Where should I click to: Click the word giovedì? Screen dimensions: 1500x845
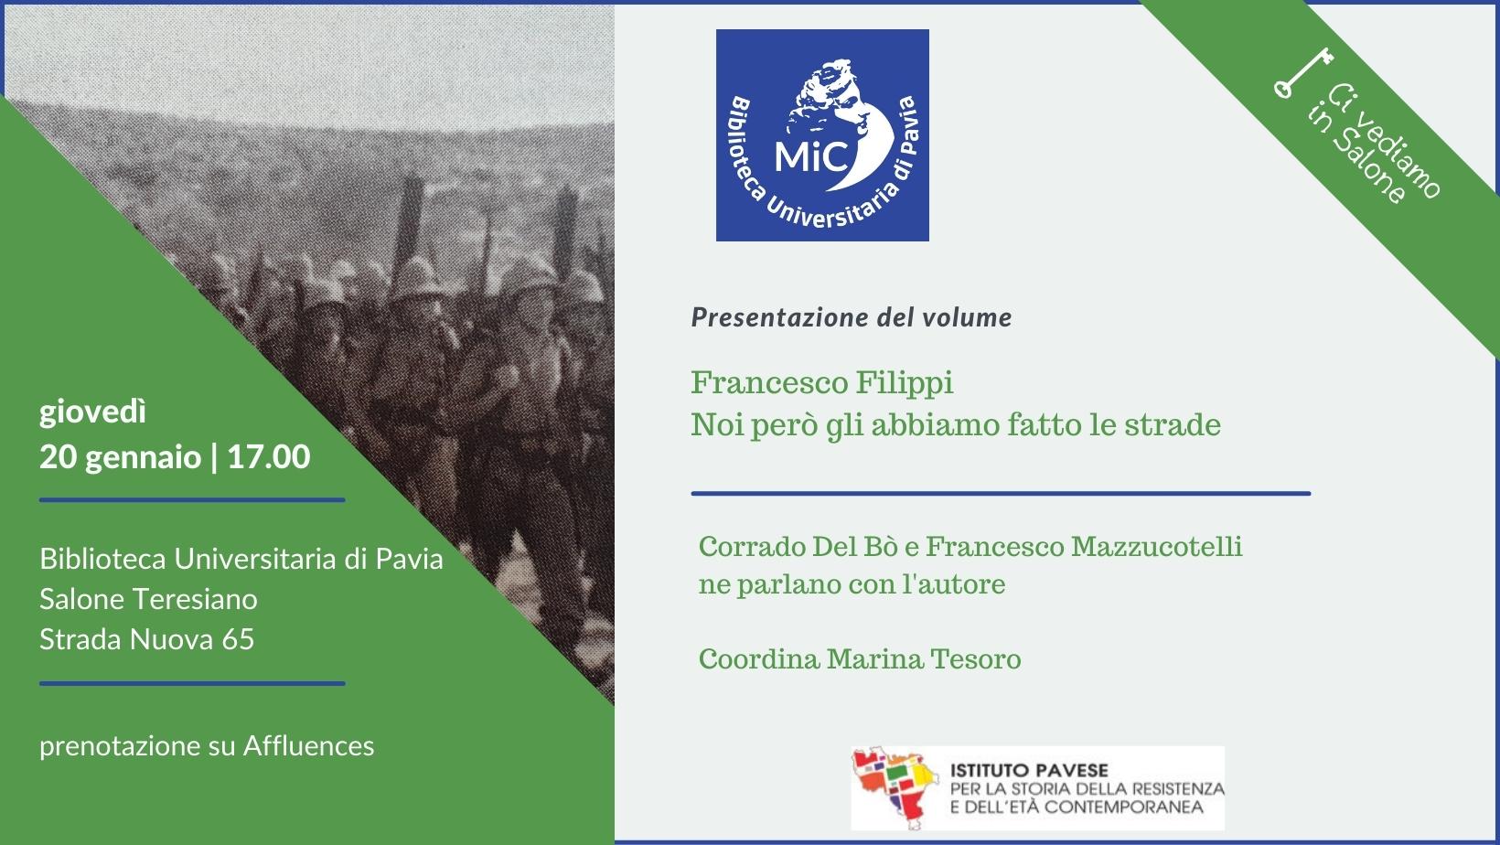[92, 412]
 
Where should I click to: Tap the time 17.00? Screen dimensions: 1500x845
[269, 456]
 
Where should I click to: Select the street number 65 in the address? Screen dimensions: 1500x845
[239, 639]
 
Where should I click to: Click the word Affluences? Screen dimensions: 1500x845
[309, 746]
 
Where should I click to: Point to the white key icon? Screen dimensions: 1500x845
[1302, 73]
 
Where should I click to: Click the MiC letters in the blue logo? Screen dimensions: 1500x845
[811, 156]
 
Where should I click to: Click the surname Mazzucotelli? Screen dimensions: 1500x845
[1156, 546]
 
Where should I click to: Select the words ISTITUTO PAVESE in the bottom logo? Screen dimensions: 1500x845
[1029, 771]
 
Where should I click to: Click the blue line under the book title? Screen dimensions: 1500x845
[1002, 494]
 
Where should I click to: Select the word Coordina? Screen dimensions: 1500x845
[759, 659]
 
